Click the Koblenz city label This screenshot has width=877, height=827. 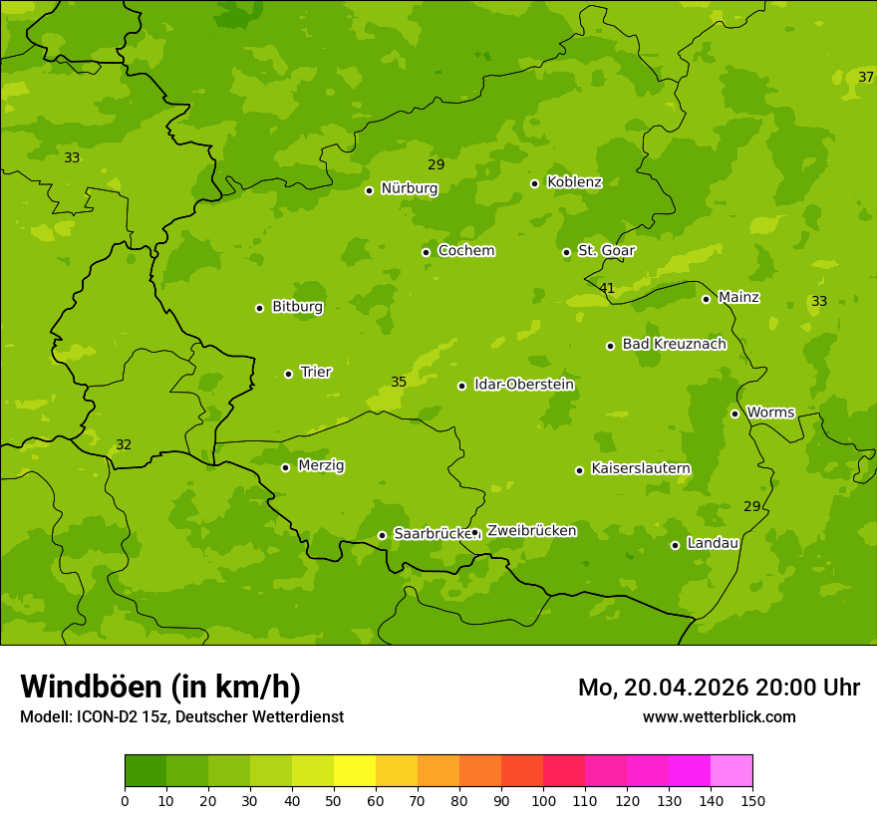tap(574, 182)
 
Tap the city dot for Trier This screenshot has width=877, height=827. tap(288, 374)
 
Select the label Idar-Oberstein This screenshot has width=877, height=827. tap(523, 385)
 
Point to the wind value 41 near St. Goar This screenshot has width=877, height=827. tap(607, 289)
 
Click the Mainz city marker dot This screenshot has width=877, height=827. tap(706, 299)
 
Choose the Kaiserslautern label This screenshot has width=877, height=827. tap(640, 468)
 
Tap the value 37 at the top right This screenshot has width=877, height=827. tap(866, 78)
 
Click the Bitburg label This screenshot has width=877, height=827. tap(297, 307)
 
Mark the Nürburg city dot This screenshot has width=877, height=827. tap(369, 190)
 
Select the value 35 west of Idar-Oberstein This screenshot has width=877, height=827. tap(399, 382)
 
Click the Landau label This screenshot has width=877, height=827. tap(713, 543)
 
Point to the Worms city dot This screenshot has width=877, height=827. tap(734, 413)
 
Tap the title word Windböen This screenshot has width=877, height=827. tap(90, 687)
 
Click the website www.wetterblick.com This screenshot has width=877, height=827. tap(719, 716)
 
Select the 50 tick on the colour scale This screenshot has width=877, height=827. tap(334, 800)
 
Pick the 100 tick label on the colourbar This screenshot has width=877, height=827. tap(543, 800)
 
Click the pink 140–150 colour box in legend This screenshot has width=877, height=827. tap(731, 771)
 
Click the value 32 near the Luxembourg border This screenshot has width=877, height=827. tap(124, 445)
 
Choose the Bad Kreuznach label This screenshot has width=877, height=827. tap(674, 344)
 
